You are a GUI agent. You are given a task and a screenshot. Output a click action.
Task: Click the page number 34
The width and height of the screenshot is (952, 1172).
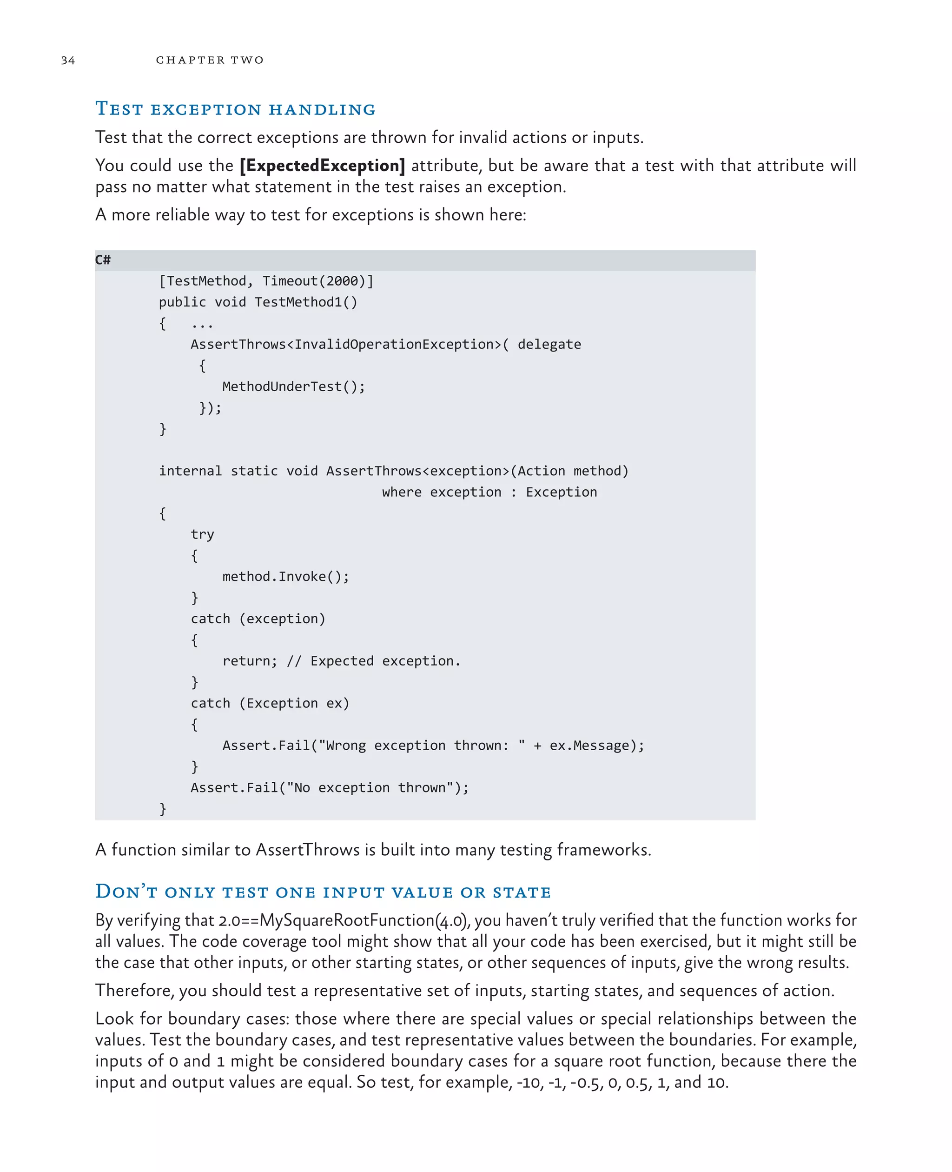[68, 60]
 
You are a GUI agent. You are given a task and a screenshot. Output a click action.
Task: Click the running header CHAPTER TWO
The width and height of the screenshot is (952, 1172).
[210, 60]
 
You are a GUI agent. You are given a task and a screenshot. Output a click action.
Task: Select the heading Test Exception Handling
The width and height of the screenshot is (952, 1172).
[235, 109]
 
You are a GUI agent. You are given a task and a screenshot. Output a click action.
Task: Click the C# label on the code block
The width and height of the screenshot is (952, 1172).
[103, 260]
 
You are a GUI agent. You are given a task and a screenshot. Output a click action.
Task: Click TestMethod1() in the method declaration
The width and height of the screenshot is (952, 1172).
[305, 302]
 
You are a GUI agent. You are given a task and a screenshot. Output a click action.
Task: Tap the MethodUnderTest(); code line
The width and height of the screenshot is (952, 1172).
[293, 387]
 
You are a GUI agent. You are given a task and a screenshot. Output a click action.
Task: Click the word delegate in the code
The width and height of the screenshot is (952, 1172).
[549, 345]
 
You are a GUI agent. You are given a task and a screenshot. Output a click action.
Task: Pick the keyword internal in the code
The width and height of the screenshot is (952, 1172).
[190, 471]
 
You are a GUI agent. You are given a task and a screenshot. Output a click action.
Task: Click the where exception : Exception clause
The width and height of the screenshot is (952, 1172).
[489, 492]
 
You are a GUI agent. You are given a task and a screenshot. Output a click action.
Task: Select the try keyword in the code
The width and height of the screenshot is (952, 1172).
[202, 534]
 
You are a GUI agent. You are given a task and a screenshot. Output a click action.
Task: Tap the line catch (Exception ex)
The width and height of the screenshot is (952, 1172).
[270, 703]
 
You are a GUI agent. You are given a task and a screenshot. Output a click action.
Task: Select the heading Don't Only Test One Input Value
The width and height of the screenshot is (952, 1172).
[323, 892]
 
